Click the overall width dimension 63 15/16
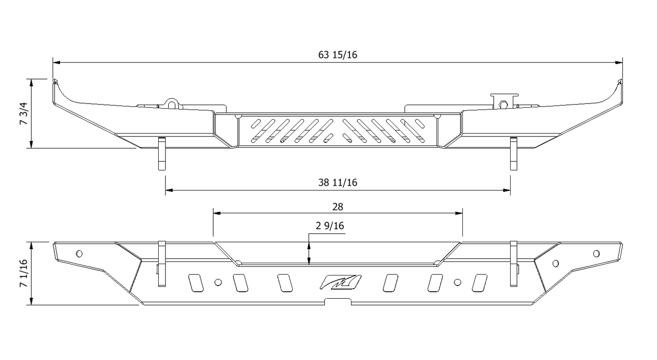(337, 55)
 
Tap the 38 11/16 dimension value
(337, 183)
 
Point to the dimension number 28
(337, 207)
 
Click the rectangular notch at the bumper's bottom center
(338, 301)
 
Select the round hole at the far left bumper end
(79, 253)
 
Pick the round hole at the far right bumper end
(597, 253)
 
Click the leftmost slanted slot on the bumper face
(194, 283)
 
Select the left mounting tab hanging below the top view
(162, 154)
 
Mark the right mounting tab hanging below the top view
(513, 154)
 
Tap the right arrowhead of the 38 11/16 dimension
(507, 190)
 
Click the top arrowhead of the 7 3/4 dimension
(31, 82)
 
